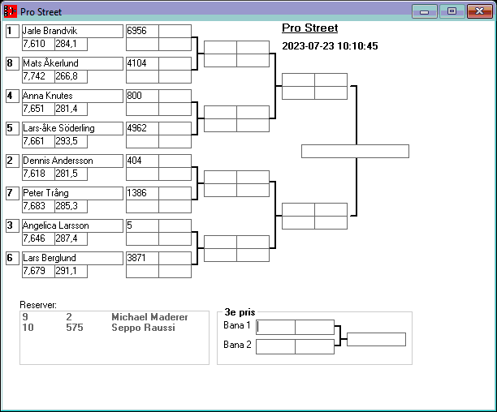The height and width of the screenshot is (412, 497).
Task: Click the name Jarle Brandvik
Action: [x=49, y=31]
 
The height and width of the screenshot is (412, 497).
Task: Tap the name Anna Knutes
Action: [x=47, y=96]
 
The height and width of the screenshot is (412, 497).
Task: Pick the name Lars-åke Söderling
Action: [x=58, y=128]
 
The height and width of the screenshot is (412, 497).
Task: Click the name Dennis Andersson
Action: [x=58, y=161]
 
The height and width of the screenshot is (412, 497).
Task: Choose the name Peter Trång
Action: [x=45, y=193]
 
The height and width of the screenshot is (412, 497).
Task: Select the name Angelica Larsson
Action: [x=55, y=225]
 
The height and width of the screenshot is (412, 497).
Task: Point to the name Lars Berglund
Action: [x=49, y=258]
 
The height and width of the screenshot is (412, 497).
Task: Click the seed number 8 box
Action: [x=11, y=63]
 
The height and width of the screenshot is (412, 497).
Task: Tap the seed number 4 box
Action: [x=11, y=96]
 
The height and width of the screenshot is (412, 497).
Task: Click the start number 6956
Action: [x=136, y=31]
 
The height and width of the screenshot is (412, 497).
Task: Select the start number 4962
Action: [x=136, y=128]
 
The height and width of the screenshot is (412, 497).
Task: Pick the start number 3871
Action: [x=136, y=258]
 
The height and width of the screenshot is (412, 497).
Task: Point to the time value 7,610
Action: [x=35, y=44]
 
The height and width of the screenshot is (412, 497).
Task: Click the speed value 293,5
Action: [x=67, y=141]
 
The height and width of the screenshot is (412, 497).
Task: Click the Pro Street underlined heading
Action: [x=309, y=28]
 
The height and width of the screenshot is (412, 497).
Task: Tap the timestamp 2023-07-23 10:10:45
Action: [x=330, y=46]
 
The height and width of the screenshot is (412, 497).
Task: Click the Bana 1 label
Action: [x=238, y=326]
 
